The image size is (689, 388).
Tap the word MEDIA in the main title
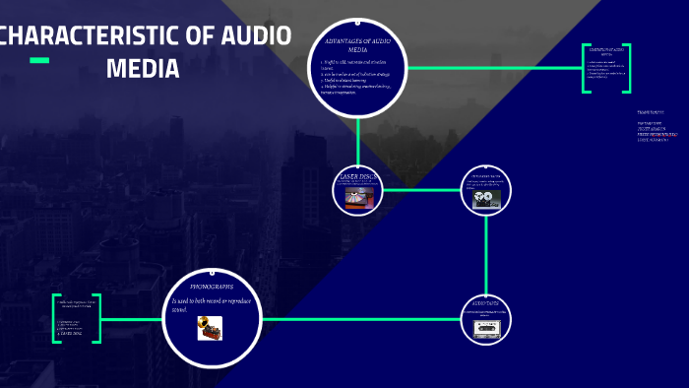point(143,69)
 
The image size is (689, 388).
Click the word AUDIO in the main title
point(254,37)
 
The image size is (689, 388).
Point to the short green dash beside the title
point(39,61)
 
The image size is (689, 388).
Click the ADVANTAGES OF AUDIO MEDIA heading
point(358,44)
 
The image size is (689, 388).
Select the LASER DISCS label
point(357,176)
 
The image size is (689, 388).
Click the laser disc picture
point(357,196)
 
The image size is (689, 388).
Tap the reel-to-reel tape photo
point(487,198)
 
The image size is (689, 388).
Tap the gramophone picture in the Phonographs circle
point(209,327)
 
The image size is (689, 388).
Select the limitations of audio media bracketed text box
point(606,68)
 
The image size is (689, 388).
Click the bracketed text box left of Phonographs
point(77,318)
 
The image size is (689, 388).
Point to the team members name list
point(654,127)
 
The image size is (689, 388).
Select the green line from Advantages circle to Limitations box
point(492,68)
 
